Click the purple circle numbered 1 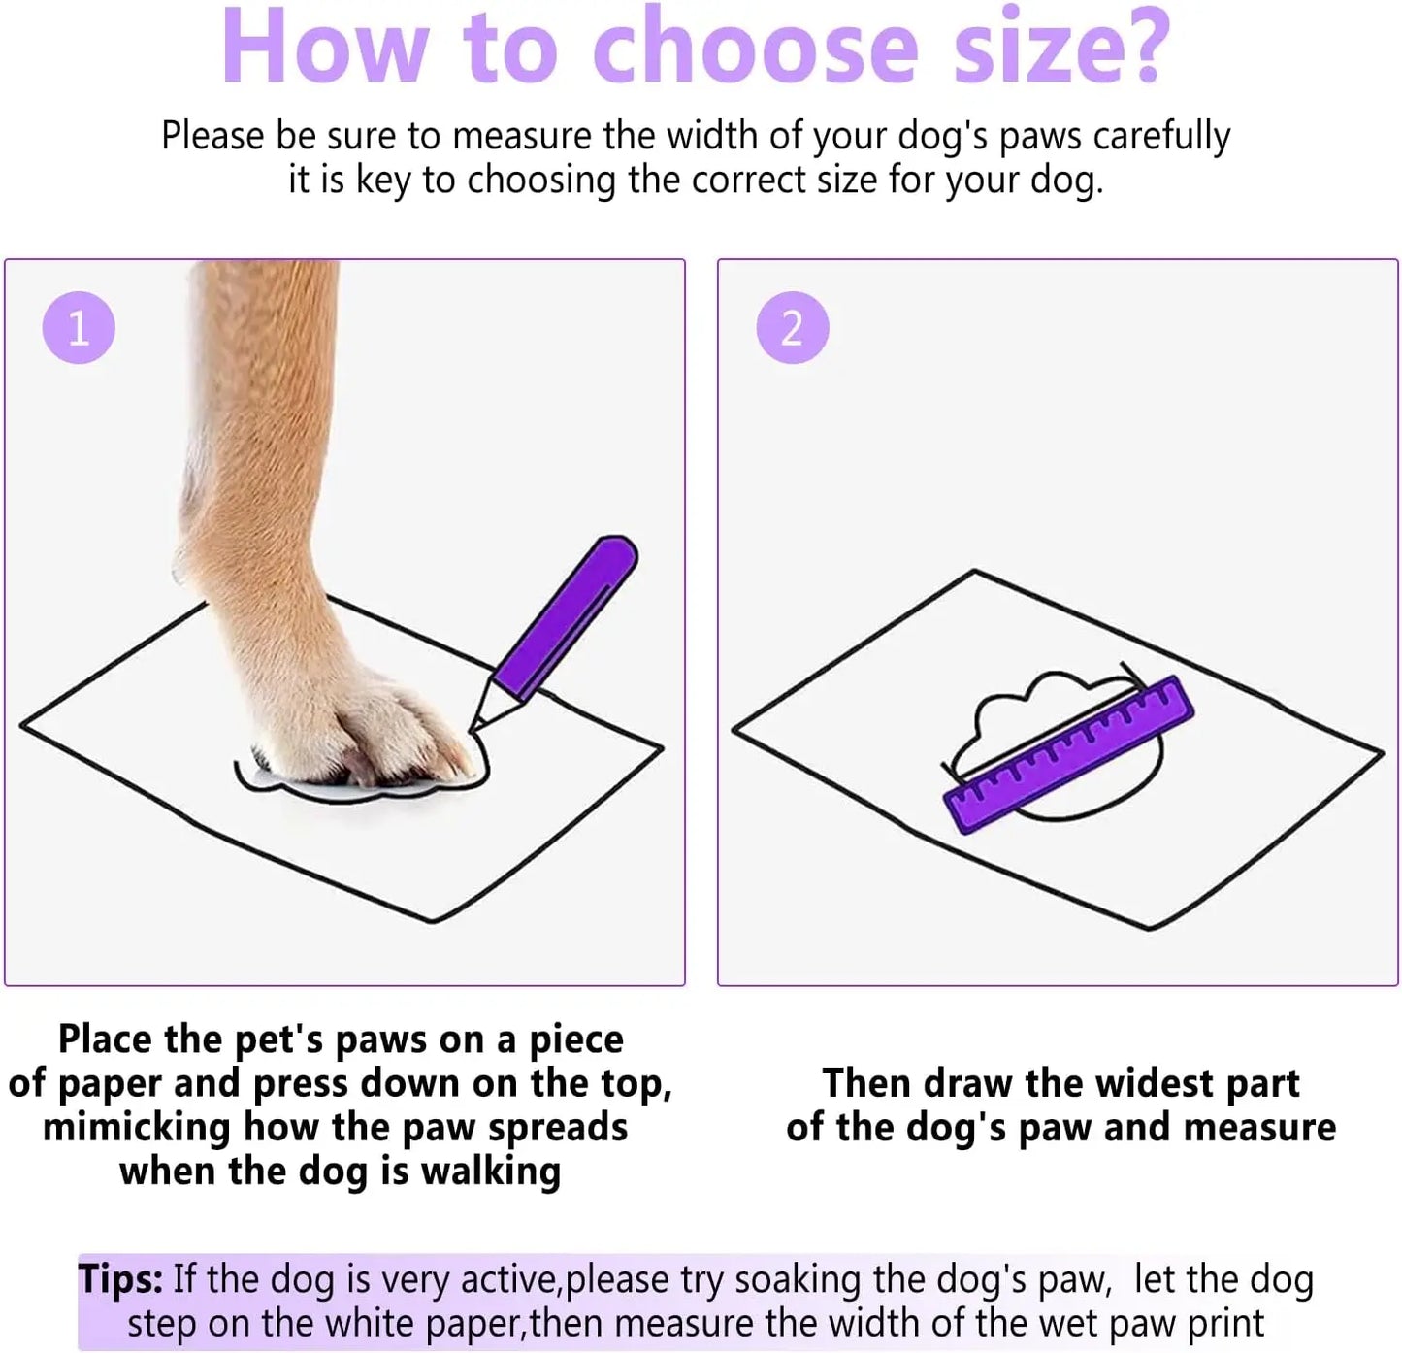coord(79,328)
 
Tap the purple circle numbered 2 coord(792,328)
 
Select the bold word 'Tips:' coord(120,1278)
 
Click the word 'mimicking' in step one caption coord(137,1127)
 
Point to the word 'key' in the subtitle coord(384,181)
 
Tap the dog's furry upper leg coord(262,408)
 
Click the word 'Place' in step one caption coord(105,1039)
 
